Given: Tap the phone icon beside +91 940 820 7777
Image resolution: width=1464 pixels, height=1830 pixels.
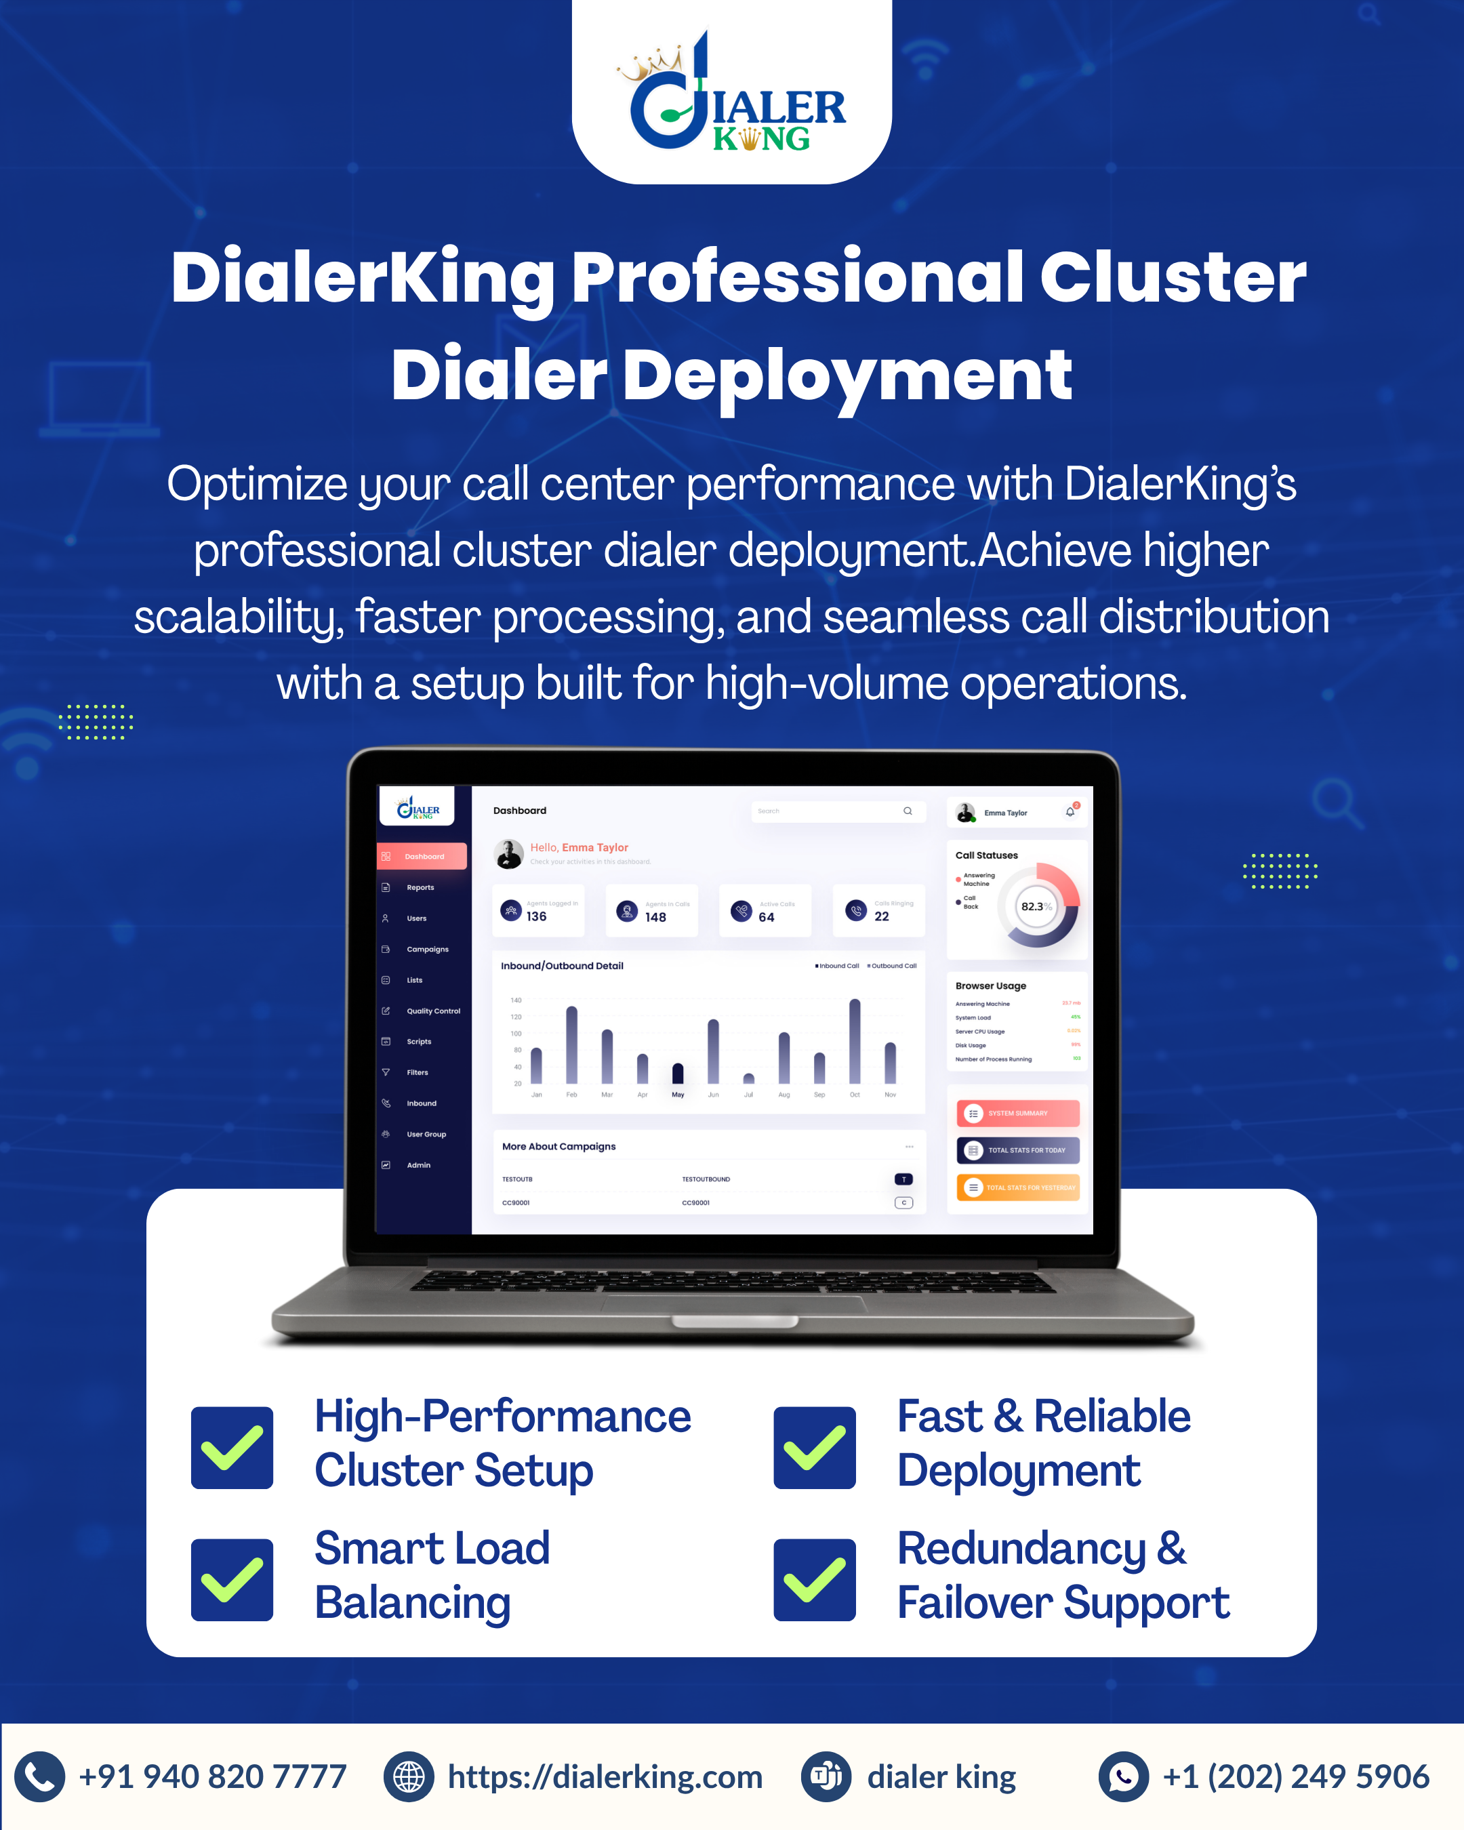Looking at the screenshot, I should pyautogui.click(x=39, y=1776).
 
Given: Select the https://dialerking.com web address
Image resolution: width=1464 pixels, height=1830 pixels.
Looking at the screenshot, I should pyautogui.click(x=605, y=1776).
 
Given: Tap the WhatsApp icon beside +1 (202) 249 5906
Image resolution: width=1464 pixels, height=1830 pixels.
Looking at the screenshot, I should pyautogui.click(x=1123, y=1776).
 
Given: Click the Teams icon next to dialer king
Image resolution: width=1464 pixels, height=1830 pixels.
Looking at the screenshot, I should pyautogui.click(x=826, y=1776).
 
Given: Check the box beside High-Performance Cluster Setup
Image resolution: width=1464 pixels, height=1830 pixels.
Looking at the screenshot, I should pyautogui.click(x=232, y=1447).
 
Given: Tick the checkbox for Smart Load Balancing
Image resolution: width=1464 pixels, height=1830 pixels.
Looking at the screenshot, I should pyautogui.click(x=232, y=1580).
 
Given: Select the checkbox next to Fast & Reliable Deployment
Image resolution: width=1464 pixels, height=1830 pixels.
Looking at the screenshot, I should pyautogui.click(x=814, y=1447).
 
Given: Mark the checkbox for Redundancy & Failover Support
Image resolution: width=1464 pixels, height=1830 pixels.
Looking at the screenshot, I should pyautogui.click(x=814, y=1580).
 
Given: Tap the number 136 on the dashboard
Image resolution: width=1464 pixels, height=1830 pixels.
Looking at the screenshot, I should pyautogui.click(x=536, y=917).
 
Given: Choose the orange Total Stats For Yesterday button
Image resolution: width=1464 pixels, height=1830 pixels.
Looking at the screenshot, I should pyautogui.click(x=1019, y=1187).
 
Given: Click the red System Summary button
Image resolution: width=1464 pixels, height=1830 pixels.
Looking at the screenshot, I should pyautogui.click(x=1019, y=1113).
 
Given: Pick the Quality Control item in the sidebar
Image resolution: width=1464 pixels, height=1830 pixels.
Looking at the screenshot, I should pyautogui.click(x=433, y=1011).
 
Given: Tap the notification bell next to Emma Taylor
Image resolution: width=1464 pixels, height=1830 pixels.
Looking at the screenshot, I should pyautogui.click(x=1070, y=812).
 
